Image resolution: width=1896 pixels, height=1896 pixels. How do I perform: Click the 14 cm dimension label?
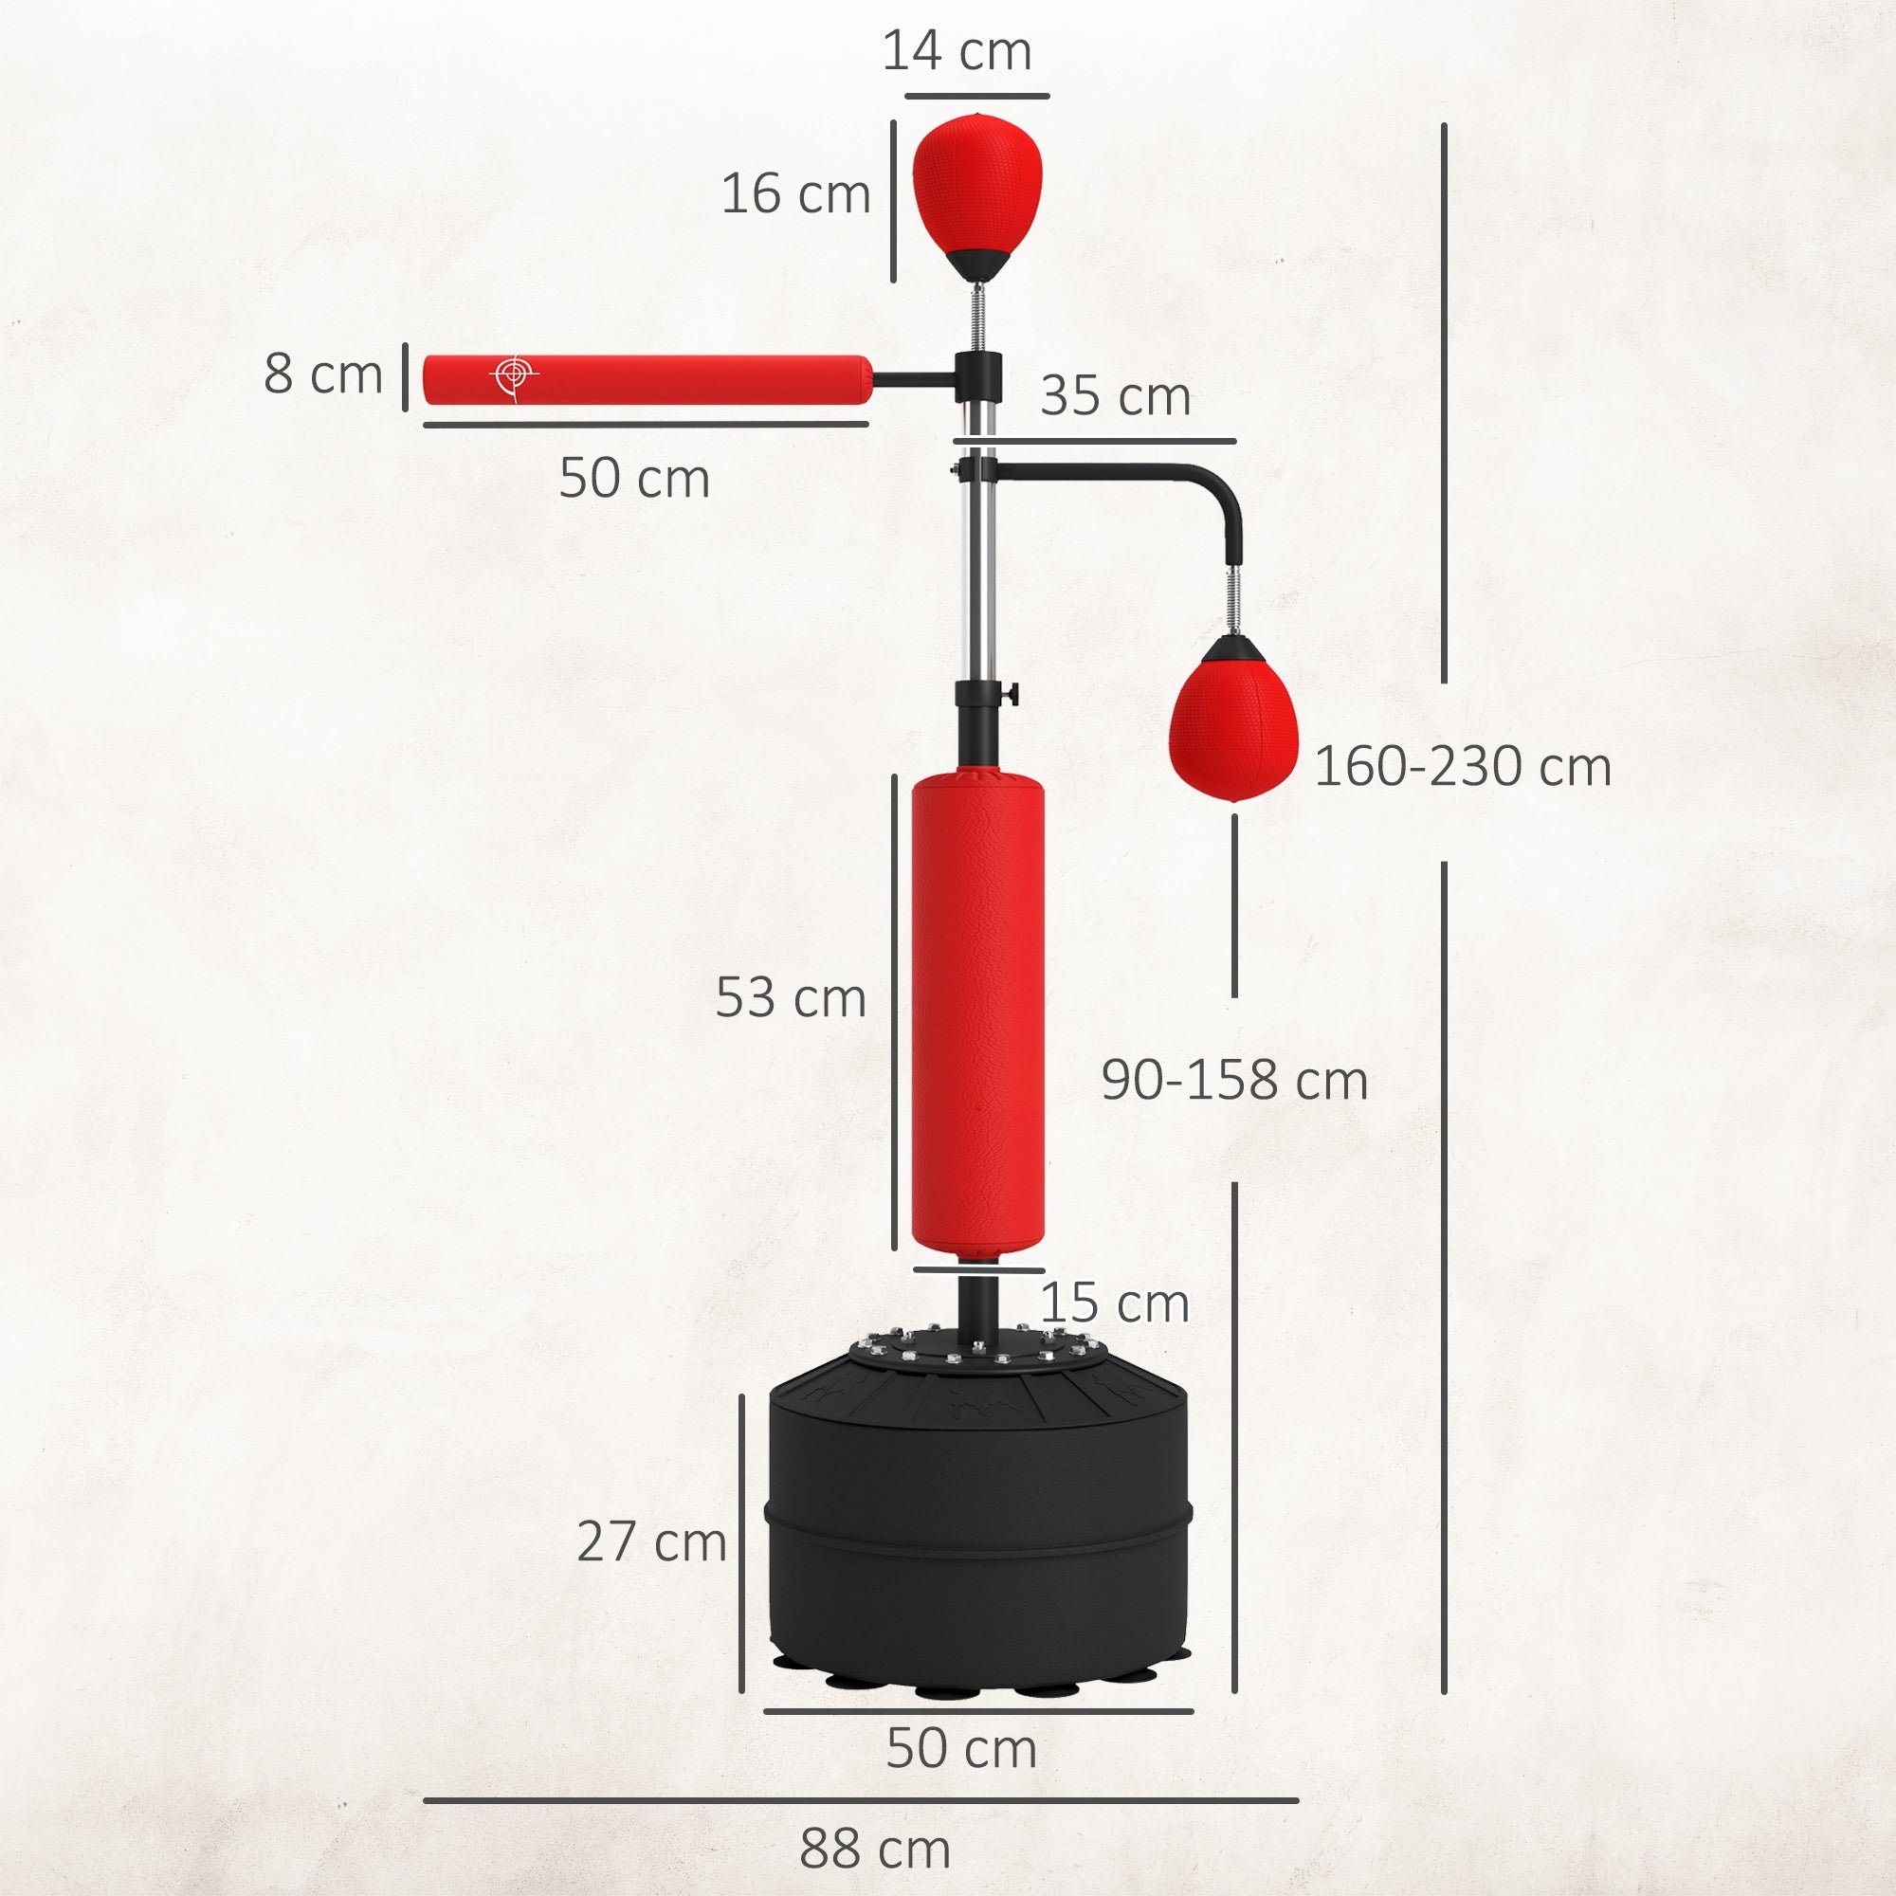pos(956,51)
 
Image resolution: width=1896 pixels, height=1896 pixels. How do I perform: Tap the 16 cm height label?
pos(795,193)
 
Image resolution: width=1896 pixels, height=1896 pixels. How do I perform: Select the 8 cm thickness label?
pos(322,374)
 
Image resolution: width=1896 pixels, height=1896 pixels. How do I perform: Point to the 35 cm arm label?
pos(1115,396)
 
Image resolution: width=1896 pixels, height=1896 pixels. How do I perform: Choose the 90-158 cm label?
pos(1233,1081)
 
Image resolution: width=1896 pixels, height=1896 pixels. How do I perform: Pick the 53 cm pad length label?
pos(790,998)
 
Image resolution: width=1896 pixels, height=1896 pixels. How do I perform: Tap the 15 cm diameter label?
pos(1114,1304)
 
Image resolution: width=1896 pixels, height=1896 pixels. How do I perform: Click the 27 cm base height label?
pos(650,1541)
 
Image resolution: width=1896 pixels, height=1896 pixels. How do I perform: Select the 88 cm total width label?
pos(874,1850)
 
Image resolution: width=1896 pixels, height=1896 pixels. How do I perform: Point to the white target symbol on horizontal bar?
pos(513,374)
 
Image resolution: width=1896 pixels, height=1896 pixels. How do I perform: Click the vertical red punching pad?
pos(977,1011)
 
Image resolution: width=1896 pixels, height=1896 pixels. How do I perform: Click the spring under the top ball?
pos(977,314)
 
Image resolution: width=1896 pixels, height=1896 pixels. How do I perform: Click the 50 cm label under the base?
pos(960,1748)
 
